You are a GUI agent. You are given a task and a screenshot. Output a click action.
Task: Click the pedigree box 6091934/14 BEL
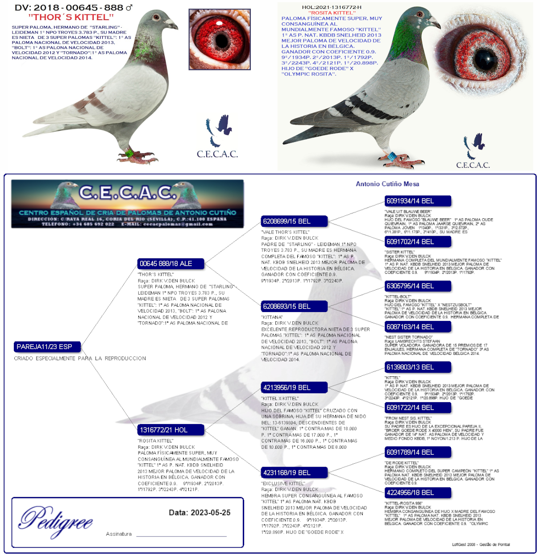pos(417,201)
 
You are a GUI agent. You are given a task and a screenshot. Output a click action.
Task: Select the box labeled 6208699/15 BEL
pos(294,221)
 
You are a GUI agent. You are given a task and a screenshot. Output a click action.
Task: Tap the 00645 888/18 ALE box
pos(170,264)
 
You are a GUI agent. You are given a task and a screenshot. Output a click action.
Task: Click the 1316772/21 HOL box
pos(170,430)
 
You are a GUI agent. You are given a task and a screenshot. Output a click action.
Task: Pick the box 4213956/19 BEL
pos(294,387)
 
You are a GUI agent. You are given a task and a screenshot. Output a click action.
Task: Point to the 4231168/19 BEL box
pos(294,473)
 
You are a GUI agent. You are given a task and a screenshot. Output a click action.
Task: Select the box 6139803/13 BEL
pos(417,367)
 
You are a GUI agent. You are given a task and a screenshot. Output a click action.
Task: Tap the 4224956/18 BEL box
pos(417,493)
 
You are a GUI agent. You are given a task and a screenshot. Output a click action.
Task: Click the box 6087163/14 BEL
pos(417,327)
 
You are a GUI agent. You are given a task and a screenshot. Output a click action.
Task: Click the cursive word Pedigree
pos(56,521)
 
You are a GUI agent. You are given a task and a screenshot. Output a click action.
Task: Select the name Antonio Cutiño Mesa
pos(387,184)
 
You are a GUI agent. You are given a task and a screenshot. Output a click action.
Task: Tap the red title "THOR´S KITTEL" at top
pos(71,17)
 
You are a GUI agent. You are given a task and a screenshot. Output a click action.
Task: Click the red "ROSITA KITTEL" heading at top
pos(332,13)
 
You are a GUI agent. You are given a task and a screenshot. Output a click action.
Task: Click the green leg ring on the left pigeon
pos(129,154)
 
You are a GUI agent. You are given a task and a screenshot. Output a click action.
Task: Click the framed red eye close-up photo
pos(220,39)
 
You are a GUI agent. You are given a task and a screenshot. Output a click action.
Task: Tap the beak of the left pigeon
pos(173,26)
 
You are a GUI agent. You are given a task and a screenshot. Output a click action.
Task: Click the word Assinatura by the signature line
pos(119,534)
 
